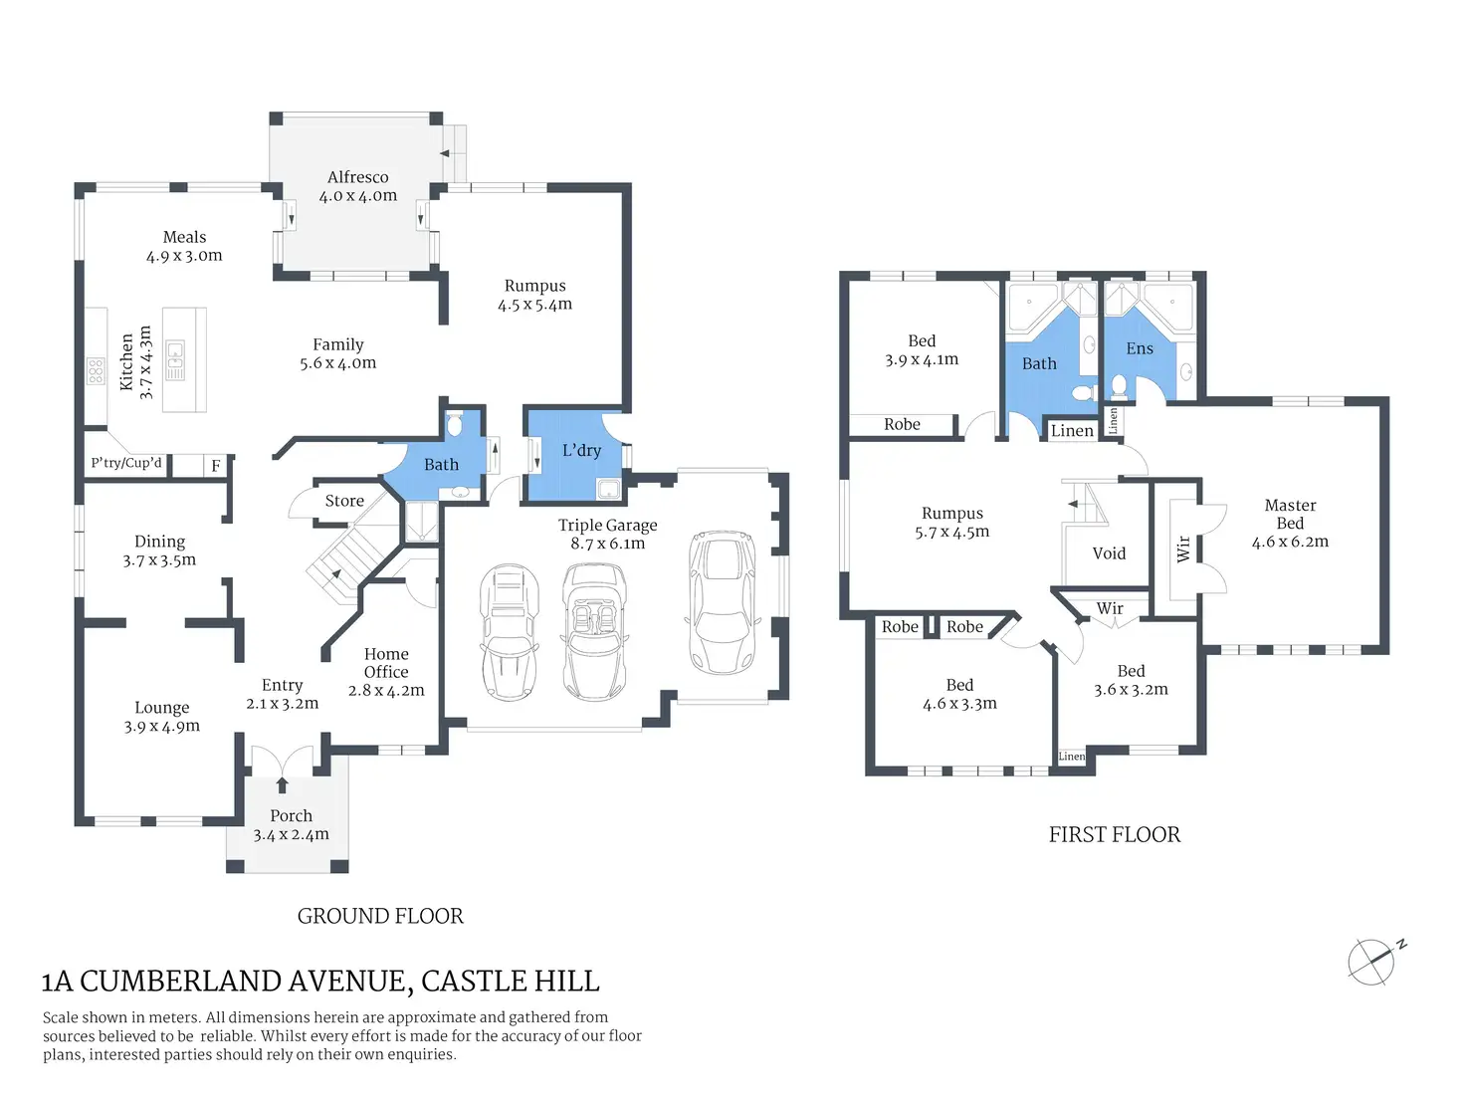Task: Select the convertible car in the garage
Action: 593,632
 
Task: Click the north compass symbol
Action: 1372,963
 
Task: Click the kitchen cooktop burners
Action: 96,371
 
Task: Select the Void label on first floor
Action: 1109,553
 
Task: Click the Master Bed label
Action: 1290,515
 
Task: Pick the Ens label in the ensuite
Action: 1140,348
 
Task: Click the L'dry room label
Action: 581,450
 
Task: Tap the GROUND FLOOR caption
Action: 380,916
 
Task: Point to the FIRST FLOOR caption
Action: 1115,835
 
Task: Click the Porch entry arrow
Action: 283,784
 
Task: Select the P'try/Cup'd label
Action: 126,463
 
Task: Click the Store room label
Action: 344,501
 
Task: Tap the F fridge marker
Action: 216,466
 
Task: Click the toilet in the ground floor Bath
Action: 455,424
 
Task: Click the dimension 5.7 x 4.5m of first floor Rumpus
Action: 951,532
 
